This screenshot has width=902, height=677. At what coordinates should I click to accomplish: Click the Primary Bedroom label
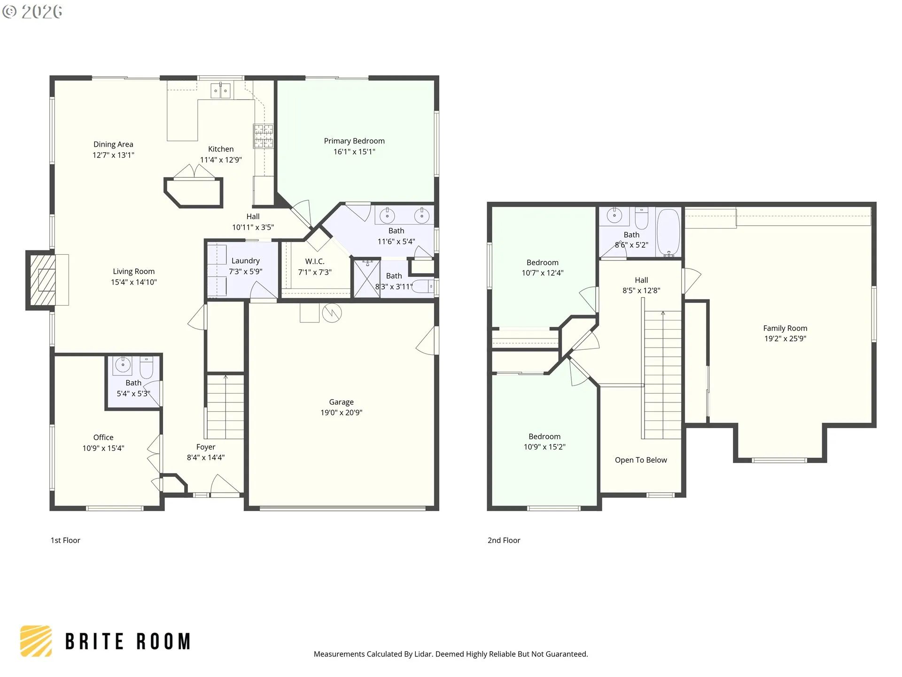click(x=354, y=141)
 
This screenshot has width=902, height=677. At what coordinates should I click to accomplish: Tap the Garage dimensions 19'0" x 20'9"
click(x=341, y=413)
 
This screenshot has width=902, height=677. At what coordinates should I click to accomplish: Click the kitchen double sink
click(x=220, y=90)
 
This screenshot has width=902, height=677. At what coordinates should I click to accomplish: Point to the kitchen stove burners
click(x=264, y=136)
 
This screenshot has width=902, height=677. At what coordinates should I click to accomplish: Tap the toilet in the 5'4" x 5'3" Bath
click(x=147, y=367)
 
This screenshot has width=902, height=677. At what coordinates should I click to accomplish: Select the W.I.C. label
click(x=315, y=261)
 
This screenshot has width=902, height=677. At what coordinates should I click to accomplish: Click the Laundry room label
click(x=245, y=261)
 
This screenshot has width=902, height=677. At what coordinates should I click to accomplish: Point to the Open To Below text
click(x=641, y=460)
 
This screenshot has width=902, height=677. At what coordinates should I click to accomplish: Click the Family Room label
click(x=785, y=328)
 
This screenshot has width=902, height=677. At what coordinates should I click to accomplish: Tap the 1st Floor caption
click(x=65, y=540)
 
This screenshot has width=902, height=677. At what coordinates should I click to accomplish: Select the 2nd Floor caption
click(x=504, y=540)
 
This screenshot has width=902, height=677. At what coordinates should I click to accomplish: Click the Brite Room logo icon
click(x=36, y=641)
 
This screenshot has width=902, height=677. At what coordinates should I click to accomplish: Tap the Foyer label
click(x=206, y=447)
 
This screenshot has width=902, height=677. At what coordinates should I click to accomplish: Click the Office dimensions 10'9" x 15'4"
click(x=103, y=449)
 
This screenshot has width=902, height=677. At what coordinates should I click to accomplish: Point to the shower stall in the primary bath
click(x=366, y=278)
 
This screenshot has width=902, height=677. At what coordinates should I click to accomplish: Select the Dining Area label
click(x=113, y=144)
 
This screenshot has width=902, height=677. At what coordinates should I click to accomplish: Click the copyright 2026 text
click(x=32, y=11)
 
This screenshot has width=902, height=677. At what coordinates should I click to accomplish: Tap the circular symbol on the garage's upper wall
click(x=332, y=313)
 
